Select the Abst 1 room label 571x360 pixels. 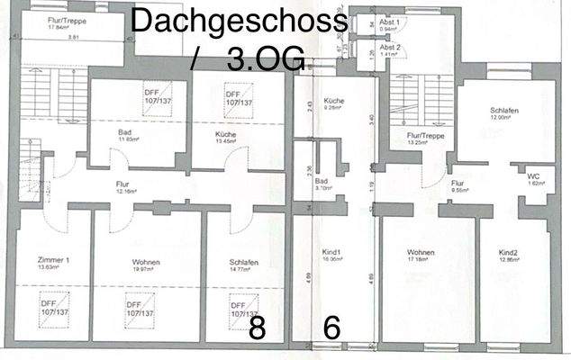click(x=391, y=23)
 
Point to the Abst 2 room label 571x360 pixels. click(x=391, y=48)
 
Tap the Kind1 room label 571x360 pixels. click(x=331, y=253)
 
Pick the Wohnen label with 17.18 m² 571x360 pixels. click(x=421, y=253)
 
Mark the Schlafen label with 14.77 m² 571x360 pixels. click(x=243, y=263)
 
